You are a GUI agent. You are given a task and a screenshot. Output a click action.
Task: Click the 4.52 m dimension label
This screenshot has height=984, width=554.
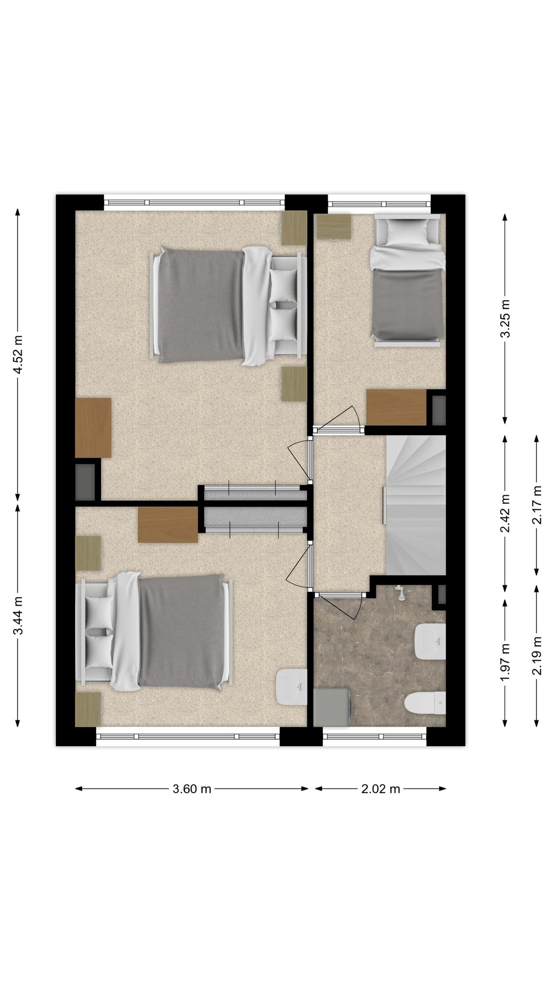click(18, 354)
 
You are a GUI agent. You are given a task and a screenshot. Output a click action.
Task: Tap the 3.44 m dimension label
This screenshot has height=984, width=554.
click(18, 615)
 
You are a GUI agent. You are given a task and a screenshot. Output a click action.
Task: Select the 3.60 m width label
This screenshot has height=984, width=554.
click(192, 788)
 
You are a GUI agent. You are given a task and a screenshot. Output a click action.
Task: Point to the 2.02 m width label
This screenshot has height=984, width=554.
click(380, 788)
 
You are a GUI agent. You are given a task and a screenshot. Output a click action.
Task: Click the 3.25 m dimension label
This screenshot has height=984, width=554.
click(505, 319)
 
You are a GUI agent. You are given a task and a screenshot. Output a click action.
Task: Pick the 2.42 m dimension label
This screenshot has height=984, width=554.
click(505, 514)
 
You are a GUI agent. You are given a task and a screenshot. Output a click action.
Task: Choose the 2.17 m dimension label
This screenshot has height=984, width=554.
click(537, 505)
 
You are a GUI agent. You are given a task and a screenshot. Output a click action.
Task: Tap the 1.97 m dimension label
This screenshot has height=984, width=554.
click(505, 662)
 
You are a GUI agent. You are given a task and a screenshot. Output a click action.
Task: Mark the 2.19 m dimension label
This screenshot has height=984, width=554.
click(537, 655)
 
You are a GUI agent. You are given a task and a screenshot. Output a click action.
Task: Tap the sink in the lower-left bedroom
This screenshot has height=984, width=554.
click(291, 687)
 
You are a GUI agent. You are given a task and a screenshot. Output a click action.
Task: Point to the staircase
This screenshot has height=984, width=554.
click(416, 504)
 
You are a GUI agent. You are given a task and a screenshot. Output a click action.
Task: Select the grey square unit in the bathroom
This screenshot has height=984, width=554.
click(331, 707)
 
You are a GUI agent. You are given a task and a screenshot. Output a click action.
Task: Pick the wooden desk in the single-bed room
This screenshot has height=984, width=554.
click(396, 407)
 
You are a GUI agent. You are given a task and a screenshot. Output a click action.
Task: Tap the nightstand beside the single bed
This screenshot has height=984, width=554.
click(333, 226)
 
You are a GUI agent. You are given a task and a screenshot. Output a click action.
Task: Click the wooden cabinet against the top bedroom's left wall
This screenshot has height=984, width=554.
click(93, 428)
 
